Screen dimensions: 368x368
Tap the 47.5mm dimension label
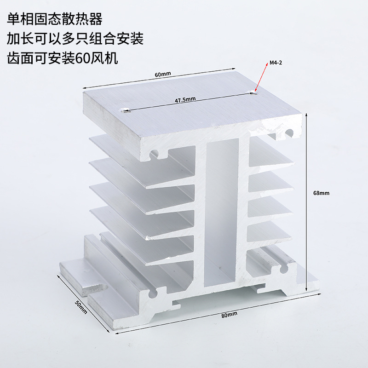tap(185, 98)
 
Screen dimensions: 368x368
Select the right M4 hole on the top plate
tap(253, 93)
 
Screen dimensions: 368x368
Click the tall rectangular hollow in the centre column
tap(222, 207)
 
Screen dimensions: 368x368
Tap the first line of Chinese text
tap(54, 20)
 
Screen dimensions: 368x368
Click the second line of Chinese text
tap(75, 39)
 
